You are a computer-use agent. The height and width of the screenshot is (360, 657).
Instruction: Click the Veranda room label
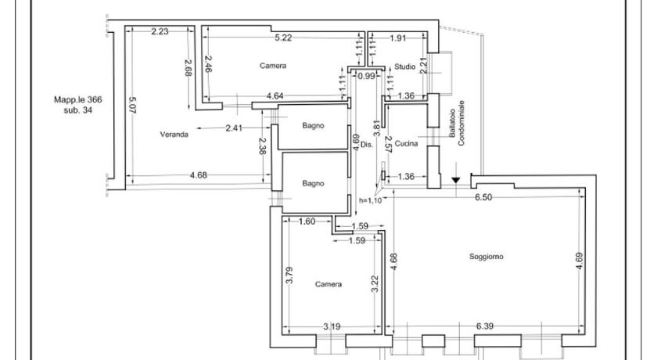174,134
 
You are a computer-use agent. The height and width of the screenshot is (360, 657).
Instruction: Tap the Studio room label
404,66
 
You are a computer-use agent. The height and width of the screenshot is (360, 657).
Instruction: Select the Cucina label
406,143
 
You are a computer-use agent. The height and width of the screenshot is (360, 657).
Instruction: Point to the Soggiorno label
486,256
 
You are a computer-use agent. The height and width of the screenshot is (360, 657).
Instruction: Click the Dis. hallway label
365,144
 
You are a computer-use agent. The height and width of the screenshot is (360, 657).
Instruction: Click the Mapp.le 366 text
78,99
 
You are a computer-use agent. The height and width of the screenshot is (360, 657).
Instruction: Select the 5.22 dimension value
284,37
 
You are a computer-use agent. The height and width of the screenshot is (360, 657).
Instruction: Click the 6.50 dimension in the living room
484,197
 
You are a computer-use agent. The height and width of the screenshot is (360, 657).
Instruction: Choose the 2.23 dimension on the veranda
160,31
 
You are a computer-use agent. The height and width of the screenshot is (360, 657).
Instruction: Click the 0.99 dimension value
366,76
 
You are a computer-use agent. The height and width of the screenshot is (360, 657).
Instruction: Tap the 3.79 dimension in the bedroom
289,275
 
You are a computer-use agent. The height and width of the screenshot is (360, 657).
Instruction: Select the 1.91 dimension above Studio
397,37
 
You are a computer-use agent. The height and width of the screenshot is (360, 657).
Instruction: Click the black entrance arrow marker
456,181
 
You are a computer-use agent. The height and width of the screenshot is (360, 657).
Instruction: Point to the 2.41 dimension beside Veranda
233,128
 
